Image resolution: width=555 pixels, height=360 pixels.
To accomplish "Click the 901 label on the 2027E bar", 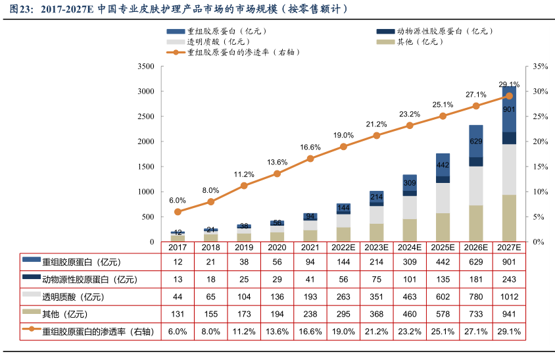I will (x=508, y=109).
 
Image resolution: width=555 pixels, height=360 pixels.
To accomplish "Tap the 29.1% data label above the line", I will (x=509, y=84).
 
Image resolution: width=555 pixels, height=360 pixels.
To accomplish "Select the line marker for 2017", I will (x=178, y=211).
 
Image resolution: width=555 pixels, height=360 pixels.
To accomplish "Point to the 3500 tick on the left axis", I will (x=146, y=66).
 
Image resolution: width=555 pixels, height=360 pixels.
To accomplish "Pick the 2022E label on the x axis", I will (x=343, y=247).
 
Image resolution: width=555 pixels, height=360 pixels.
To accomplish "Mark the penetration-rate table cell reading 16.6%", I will (x=310, y=332).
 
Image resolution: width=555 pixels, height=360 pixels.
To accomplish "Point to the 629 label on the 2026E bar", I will (x=475, y=141).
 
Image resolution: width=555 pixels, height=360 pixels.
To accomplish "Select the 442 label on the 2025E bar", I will (x=443, y=165).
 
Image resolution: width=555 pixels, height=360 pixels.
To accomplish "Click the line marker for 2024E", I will (x=410, y=125).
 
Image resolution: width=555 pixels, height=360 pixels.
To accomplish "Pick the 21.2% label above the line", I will (x=377, y=124).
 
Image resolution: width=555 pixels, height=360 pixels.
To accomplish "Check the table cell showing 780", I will (x=475, y=297).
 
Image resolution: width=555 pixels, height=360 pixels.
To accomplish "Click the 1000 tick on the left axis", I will (x=146, y=192).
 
